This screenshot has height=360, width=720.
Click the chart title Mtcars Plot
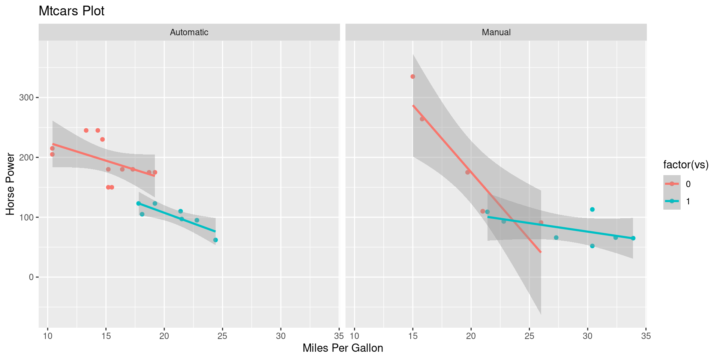point(71,11)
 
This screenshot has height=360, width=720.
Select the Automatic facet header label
point(189,32)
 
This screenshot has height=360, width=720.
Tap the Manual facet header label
point(496,32)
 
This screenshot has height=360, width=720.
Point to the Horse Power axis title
point(10,184)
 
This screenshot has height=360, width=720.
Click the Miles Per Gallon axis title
point(342,348)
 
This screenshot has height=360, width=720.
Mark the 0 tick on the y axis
point(31,277)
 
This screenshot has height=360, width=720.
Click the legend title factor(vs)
point(685,165)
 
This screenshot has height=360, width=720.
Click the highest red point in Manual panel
point(412,76)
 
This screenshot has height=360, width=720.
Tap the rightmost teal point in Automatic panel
point(215,240)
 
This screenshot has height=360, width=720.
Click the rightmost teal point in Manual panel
point(633,238)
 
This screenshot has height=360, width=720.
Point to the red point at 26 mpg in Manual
point(541,223)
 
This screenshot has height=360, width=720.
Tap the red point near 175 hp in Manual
point(467,172)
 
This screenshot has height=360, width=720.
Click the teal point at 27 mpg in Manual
point(556,238)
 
